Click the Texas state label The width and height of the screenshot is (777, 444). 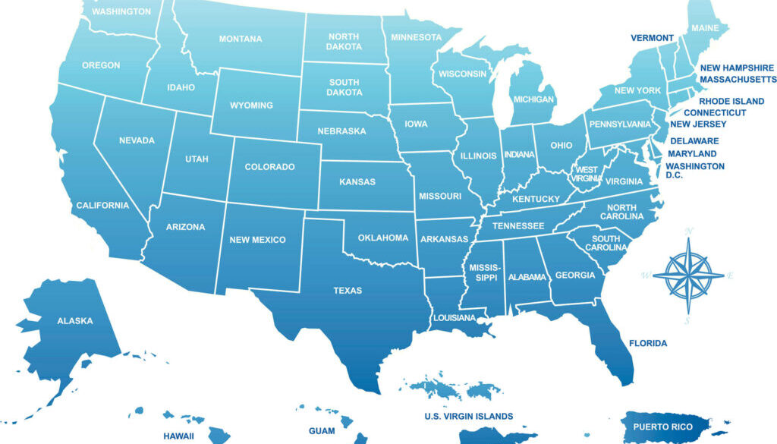coord(348,291)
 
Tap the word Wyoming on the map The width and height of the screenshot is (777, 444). coord(251,105)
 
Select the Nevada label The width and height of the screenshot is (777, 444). coord(137,140)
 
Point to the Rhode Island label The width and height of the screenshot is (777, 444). coord(731,101)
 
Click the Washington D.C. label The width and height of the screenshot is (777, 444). coord(694,171)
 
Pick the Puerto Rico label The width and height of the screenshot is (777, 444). coord(662,427)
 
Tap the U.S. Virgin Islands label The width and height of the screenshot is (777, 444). coord(468,416)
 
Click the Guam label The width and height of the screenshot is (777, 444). coord(322,430)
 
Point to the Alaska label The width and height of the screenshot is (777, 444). coord(75,321)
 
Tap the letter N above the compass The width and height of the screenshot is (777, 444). coord(690,230)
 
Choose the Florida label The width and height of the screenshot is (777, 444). coord(648,344)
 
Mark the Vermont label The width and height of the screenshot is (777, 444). coord(652,38)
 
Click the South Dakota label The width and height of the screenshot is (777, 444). coord(344,87)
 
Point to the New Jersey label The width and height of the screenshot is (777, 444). coord(698,124)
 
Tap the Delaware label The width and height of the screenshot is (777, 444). coord(694,141)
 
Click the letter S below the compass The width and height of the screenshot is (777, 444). coord(687,322)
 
